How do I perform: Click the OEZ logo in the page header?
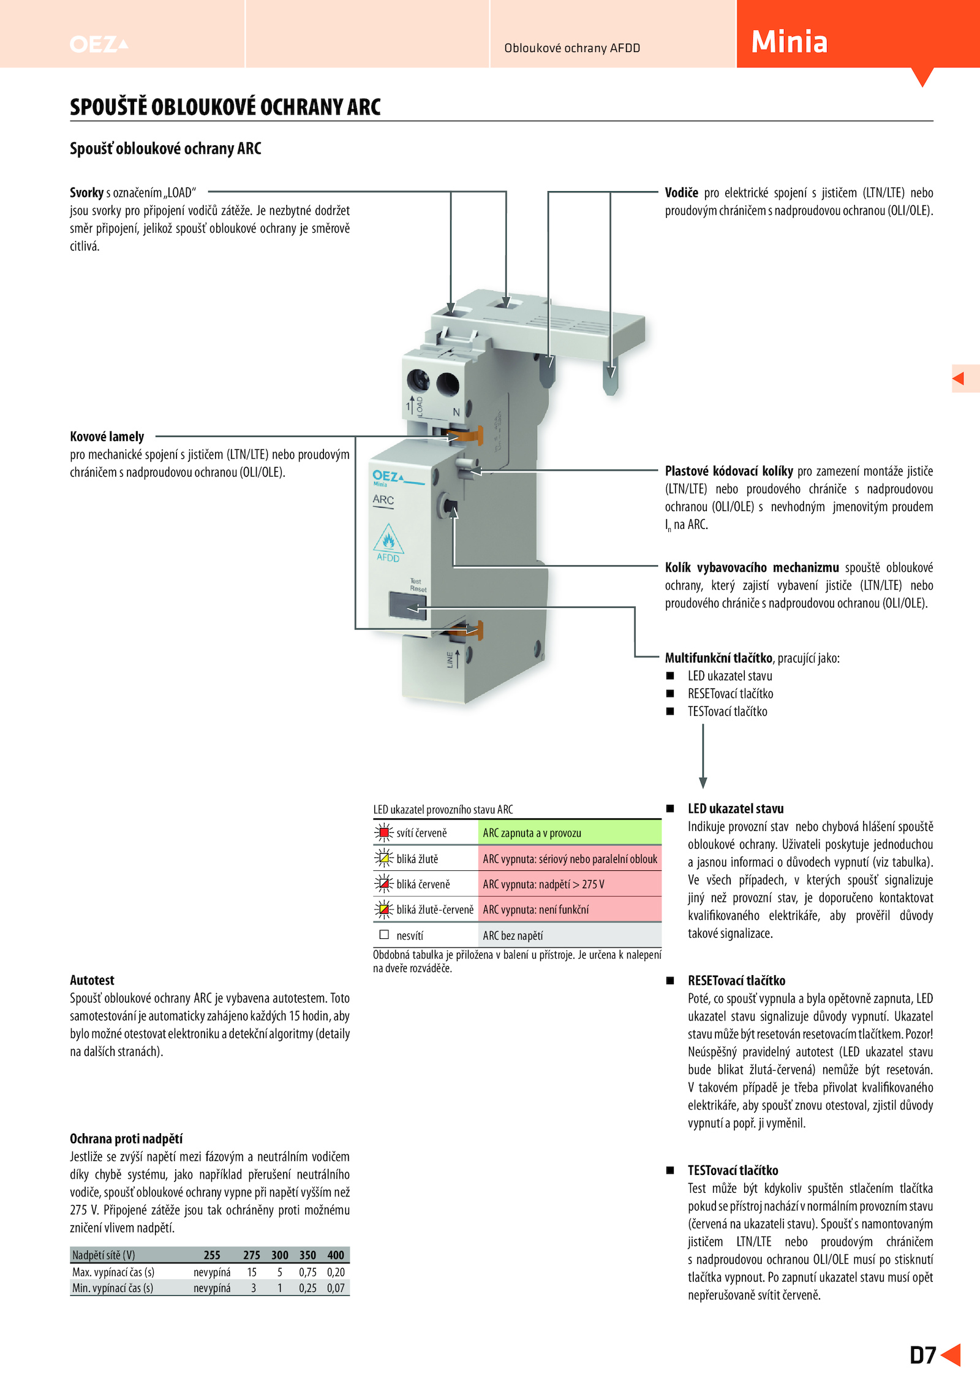[x=98, y=44]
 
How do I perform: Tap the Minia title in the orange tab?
[x=789, y=42]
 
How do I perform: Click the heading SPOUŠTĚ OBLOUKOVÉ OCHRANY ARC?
[x=225, y=107]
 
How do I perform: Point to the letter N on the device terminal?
[x=456, y=412]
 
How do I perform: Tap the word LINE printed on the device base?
[x=450, y=659]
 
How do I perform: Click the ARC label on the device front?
[x=383, y=500]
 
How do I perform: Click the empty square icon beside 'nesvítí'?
[x=384, y=935]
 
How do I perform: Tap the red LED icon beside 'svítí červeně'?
[x=384, y=832]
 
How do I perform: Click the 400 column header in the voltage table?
[x=336, y=1255]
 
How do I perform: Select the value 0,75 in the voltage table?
[x=307, y=1272]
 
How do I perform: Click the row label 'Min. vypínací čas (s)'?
[x=113, y=1288]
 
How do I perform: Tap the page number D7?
[x=922, y=1355]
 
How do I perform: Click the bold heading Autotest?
[x=92, y=980]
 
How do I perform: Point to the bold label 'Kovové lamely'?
[x=107, y=436]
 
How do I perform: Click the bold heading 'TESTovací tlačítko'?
[x=733, y=1170]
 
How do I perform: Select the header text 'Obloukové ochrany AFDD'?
[x=572, y=48]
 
